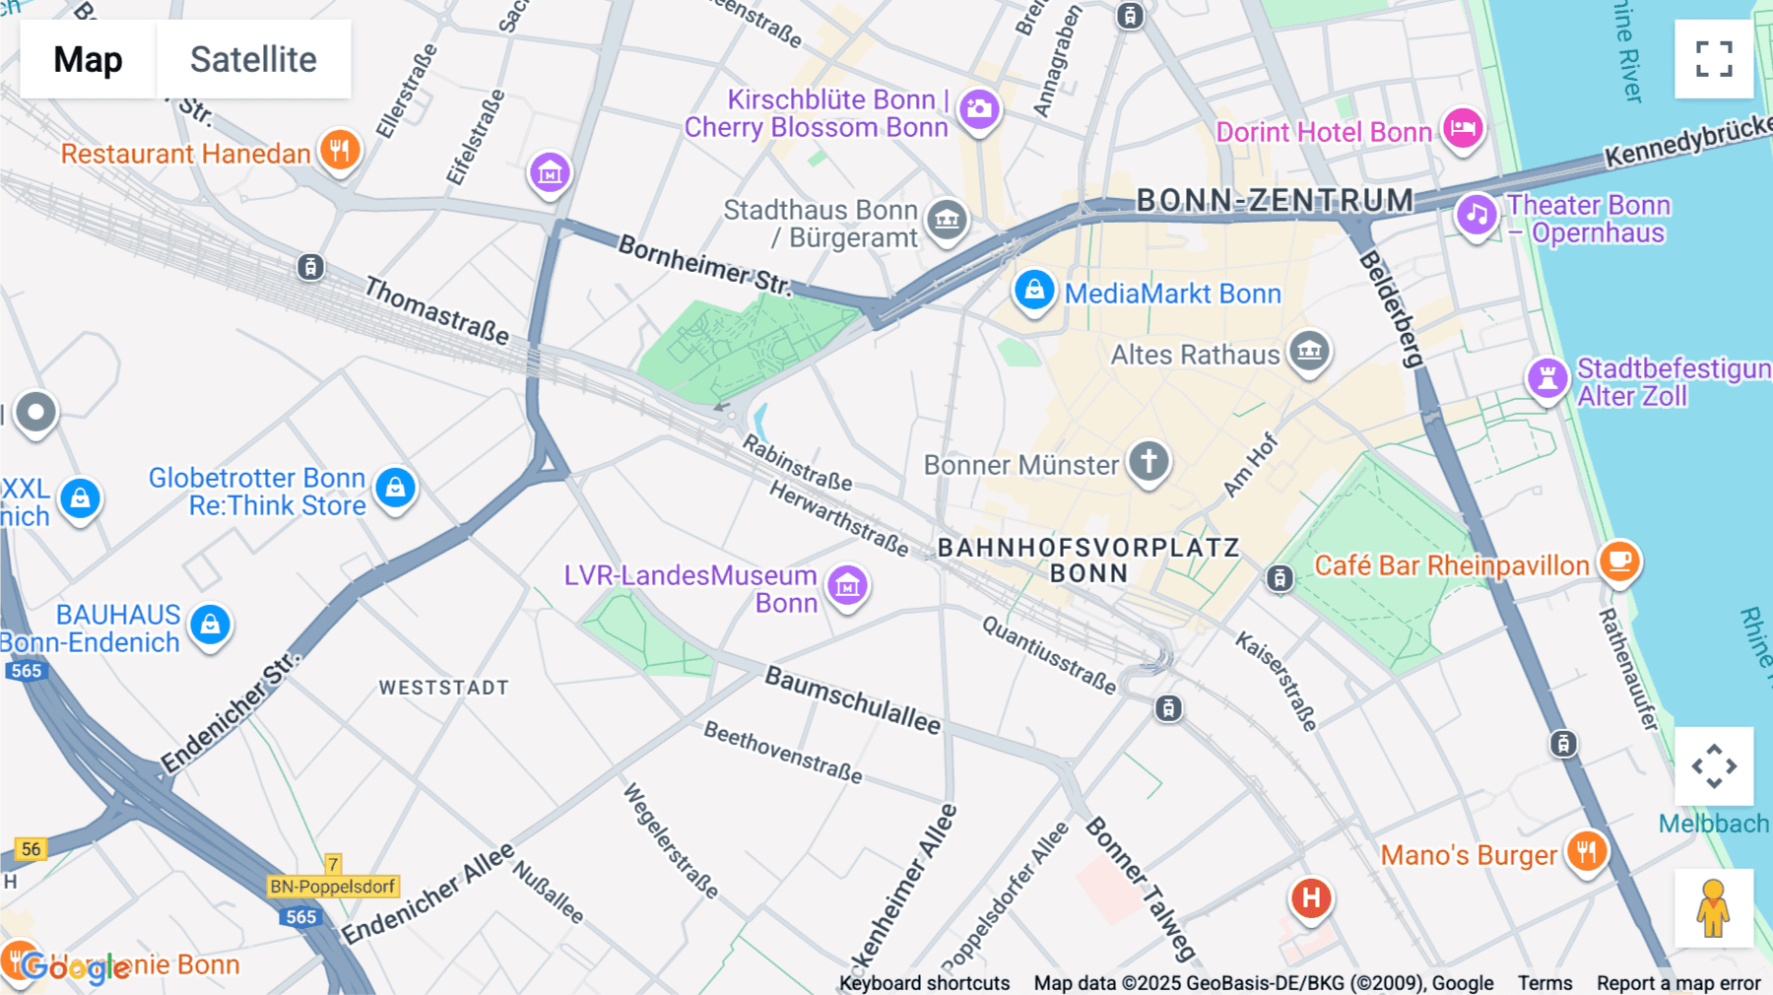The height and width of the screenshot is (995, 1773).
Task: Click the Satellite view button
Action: click(x=253, y=59)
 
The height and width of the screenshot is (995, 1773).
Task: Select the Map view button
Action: click(x=88, y=59)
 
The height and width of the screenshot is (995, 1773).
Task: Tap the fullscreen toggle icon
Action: click(x=1714, y=59)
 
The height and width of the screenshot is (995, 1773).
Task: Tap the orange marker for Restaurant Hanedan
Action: click(x=340, y=151)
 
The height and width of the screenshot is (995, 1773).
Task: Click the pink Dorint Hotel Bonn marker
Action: click(x=1463, y=129)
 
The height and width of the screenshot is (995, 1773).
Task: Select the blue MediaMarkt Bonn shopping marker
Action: click(x=1033, y=291)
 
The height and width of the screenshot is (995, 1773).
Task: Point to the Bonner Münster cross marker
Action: click(x=1149, y=461)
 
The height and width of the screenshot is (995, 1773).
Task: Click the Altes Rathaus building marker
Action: click(x=1309, y=351)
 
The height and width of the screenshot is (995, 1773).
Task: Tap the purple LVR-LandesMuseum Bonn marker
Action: click(x=847, y=587)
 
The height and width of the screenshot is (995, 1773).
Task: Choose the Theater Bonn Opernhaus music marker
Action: click(x=1476, y=214)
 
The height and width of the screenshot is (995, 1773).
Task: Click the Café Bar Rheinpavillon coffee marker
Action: click(x=1619, y=562)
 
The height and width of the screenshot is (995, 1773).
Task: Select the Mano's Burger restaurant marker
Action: click(x=1586, y=851)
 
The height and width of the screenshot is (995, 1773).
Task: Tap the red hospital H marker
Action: click(x=1311, y=897)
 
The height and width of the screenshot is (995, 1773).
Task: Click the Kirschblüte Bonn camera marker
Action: click(x=979, y=109)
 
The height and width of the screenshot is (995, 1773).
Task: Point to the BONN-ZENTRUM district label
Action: click(x=1275, y=201)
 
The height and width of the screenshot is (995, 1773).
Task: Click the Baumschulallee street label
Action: click(x=853, y=700)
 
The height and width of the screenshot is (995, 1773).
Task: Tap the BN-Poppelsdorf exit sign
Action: click(x=333, y=886)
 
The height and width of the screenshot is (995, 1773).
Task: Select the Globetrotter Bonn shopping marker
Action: click(x=395, y=488)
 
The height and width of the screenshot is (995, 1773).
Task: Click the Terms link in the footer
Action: click(x=1544, y=982)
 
